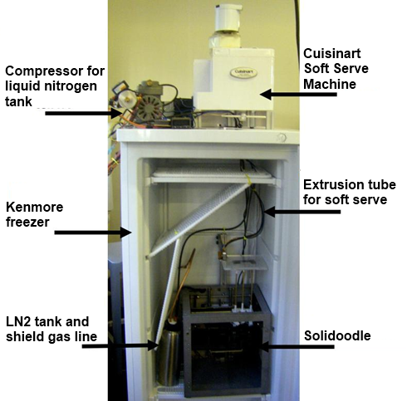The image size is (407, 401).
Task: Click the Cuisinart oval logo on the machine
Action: point(243,73)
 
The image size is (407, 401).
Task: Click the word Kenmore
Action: point(34,207)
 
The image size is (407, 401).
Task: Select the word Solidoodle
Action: point(337,335)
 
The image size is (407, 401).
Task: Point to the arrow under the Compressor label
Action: point(83,113)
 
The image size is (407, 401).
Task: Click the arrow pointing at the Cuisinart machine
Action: point(298,95)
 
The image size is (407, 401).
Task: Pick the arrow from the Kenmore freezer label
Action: point(93,232)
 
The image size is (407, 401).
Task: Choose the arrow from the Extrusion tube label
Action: point(302,212)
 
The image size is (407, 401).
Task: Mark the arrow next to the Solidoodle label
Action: point(297,346)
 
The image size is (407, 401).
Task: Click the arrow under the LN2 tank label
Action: point(120,345)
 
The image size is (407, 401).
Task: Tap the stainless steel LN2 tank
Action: point(169,353)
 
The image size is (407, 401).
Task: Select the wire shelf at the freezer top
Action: point(213,174)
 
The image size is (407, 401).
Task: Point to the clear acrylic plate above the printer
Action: point(244,262)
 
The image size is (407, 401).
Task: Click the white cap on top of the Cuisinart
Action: point(228,17)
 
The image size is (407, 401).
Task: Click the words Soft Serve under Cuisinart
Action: point(336,69)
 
